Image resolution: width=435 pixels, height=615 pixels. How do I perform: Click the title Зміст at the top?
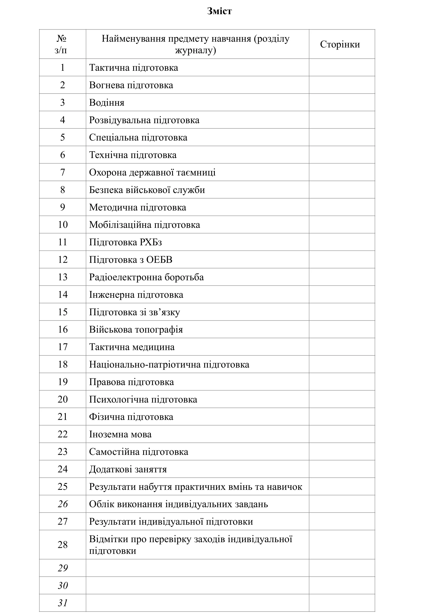(219, 11)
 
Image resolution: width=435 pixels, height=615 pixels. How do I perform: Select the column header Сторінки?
(339, 44)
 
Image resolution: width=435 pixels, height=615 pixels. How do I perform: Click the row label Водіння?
(107, 103)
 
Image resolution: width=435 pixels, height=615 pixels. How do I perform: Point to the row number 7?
(62, 172)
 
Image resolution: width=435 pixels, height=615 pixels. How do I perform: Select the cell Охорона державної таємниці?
(152, 172)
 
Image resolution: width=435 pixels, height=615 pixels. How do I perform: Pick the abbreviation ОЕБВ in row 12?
(159, 260)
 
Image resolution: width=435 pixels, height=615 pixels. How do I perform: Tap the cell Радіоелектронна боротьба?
(146, 277)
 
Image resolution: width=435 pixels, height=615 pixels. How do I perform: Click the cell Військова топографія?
(136, 329)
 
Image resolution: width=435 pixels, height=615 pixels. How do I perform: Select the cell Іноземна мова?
(120, 434)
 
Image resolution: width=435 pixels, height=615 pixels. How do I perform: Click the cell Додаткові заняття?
(128, 469)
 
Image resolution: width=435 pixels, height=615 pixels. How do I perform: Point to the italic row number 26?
(63, 504)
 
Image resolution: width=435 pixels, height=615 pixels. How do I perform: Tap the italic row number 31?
(63, 603)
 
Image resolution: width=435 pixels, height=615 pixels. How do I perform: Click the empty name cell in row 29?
(197, 568)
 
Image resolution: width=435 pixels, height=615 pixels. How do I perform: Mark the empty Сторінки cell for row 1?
(342, 68)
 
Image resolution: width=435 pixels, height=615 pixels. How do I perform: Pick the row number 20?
(63, 399)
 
